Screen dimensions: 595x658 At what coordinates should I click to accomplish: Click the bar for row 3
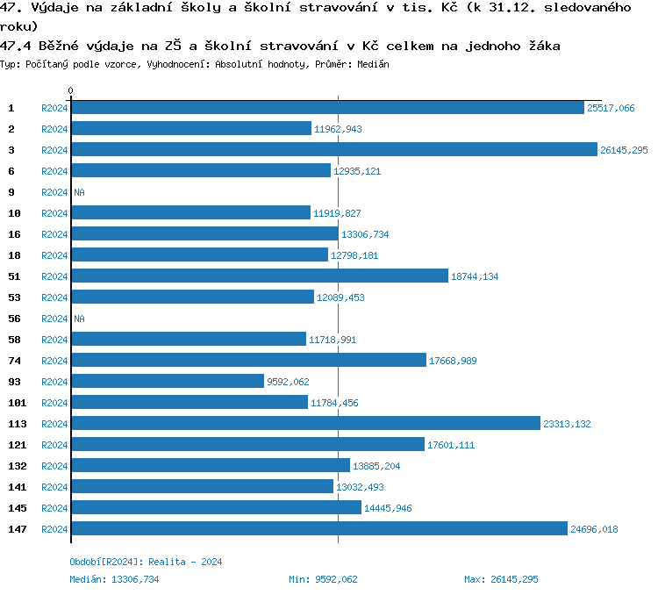pyautogui.click(x=333, y=150)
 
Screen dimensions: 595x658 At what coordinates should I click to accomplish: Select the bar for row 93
pyautogui.click(x=167, y=382)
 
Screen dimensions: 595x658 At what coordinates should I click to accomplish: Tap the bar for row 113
pyautogui.click(x=305, y=424)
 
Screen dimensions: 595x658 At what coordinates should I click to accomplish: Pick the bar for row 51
pyautogui.click(x=259, y=276)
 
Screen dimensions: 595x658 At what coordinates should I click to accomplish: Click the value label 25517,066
pyautogui.click(x=611, y=108)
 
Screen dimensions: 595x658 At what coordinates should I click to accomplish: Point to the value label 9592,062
pyautogui.click(x=288, y=382)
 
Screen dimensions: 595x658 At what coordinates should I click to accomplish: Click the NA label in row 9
pyautogui.click(x=79, y=192)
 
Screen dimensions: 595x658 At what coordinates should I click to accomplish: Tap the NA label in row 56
pyautogui.click(x=79, y=319)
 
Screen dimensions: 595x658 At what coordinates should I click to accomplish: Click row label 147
pyautogui.click(x=18, y=529)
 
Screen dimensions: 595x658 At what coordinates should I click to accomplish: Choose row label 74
pyautogui.click(x=15, y=361)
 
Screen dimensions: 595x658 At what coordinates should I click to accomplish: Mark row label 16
pyautogui.click(x=15, y=234)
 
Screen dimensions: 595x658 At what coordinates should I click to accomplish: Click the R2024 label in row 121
pyautogui.click(x=54, y=445)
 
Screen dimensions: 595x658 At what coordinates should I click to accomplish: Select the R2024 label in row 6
pyautogui.click(x=54, y=171)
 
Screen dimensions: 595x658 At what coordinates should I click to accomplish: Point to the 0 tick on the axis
pyautogui.click(x=71, y=91)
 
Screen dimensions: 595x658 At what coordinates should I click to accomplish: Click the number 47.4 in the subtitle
pyautogui.click(x=15, y=45)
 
